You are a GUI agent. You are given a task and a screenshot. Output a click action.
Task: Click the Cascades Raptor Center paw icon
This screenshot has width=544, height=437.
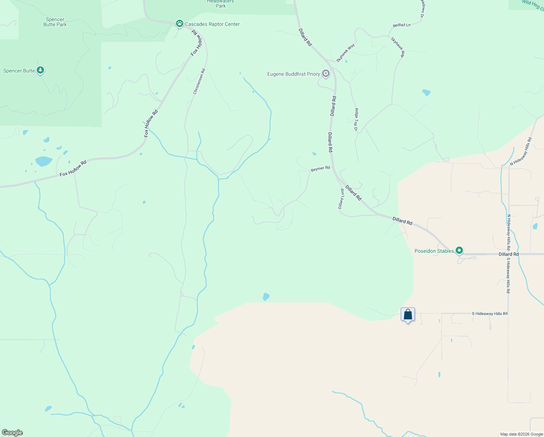pyautogui.click(x=179, y=24)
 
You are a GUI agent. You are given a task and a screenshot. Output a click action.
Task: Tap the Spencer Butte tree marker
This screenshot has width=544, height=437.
pyautogui.click(x=40, y=70)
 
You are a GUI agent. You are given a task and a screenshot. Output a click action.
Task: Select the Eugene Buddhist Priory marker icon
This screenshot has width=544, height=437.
pyautogui.click(x=326, y=74)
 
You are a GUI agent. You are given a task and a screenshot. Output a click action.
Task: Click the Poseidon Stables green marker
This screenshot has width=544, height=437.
pyautogui.click(x=459, y=251)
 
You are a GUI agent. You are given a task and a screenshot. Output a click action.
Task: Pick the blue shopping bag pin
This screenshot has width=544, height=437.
pyautogui.click(x=408, y=315)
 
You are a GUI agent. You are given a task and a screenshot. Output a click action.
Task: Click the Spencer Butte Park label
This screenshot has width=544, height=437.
pyautogui.click(x=55, y=22)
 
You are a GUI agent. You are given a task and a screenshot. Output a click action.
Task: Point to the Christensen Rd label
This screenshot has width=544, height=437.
pyautogui.click(x=199, y=82)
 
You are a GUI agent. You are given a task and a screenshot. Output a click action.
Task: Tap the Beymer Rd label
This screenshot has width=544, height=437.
pyautogui.click(x=320, y=169)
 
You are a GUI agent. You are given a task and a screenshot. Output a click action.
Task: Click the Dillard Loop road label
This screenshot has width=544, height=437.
pyautogui.click(x=341, y=199)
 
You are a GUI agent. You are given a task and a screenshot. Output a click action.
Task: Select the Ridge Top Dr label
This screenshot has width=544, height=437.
pyautogui.click(x=356, y=119)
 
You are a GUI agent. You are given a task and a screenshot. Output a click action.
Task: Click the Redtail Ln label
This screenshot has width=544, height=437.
pyautogui.click(x=401, y=25)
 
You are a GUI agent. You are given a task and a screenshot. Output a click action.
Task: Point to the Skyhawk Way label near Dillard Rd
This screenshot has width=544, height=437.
pyautogui.click(x=345, y=53)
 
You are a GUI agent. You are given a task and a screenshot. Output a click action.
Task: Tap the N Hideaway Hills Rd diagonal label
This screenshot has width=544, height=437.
pyautogui.click(x=521, y=151)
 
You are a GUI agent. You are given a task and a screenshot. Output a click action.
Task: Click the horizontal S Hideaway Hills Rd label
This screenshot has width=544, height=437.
pyautogui.click(x=489, y=314)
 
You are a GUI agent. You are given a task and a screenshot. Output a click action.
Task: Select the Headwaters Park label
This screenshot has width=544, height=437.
pyautogui.click(x=221, y=4)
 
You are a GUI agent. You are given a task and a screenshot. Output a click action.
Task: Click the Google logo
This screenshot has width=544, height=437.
pyautogui.click(x=12, y=433)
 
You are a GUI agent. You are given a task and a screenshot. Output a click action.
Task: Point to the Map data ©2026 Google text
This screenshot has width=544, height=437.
pyautogui.click(x=521, y=434)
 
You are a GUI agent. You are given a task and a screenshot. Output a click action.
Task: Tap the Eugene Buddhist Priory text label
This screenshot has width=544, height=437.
pyautogui.click(x=293, y=74)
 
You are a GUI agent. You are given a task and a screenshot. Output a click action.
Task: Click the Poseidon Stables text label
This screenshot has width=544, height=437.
pyautogui.click(x=434, y=251)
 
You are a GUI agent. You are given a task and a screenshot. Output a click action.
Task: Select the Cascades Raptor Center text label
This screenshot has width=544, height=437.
pyautogui.click(x=212, y=24)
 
